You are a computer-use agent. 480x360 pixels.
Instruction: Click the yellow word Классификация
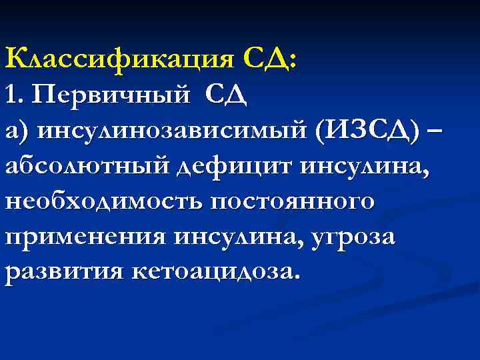pos(119,60)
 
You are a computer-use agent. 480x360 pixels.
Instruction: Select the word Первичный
pos(110,96)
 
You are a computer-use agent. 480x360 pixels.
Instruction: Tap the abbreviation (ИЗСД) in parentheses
pos(369,131)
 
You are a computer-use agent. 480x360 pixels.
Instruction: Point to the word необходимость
pos(103,202)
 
